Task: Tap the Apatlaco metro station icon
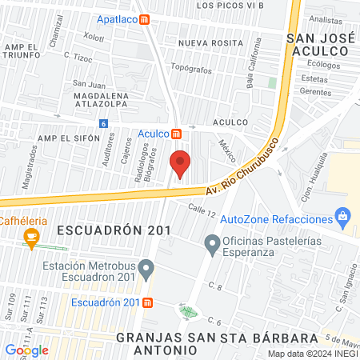pyautogui.click(x=144, y=19)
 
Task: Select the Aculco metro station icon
pyautogui.click(x=176, y=134)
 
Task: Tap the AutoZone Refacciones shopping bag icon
pyautogui.click(x=343, y=216)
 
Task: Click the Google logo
pyautogui.click(x=26, y=350)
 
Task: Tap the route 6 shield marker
pyautogui.click(x=103, y=123)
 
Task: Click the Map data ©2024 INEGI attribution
pyautogui.click(x=312, y=354)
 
